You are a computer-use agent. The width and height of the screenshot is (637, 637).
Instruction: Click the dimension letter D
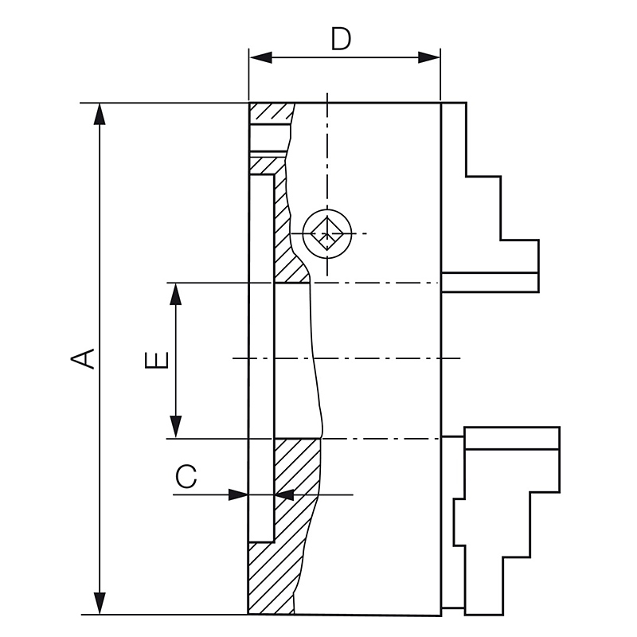coord(341,39)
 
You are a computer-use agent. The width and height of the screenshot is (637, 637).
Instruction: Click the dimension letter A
coord(83,358)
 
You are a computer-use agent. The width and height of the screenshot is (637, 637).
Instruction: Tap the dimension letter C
coord(186,475)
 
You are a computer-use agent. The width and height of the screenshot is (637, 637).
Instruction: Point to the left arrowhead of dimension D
coord(261,57)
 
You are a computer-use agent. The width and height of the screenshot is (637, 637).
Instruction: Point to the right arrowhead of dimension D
coord(429,57)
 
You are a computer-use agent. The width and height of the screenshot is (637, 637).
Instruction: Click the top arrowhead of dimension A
coord(100,114)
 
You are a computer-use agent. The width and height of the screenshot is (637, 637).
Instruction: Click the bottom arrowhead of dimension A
coord(100,604)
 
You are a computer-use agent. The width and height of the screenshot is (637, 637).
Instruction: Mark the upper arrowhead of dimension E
coord(176,293)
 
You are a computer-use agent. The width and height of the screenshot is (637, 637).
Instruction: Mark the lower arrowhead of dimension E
coord(176,427)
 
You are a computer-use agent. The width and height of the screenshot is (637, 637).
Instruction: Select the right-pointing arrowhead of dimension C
coord(238,494)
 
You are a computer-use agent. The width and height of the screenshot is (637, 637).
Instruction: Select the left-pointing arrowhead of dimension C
coord(284,494)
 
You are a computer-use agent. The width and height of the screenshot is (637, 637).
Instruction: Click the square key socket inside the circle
coord(327,233)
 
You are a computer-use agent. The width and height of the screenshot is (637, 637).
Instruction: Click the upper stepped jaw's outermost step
coord(519,256)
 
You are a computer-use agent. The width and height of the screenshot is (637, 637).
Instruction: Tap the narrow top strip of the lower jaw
coord(512,438)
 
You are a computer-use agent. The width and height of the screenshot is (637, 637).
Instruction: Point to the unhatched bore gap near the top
coord(269,138)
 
